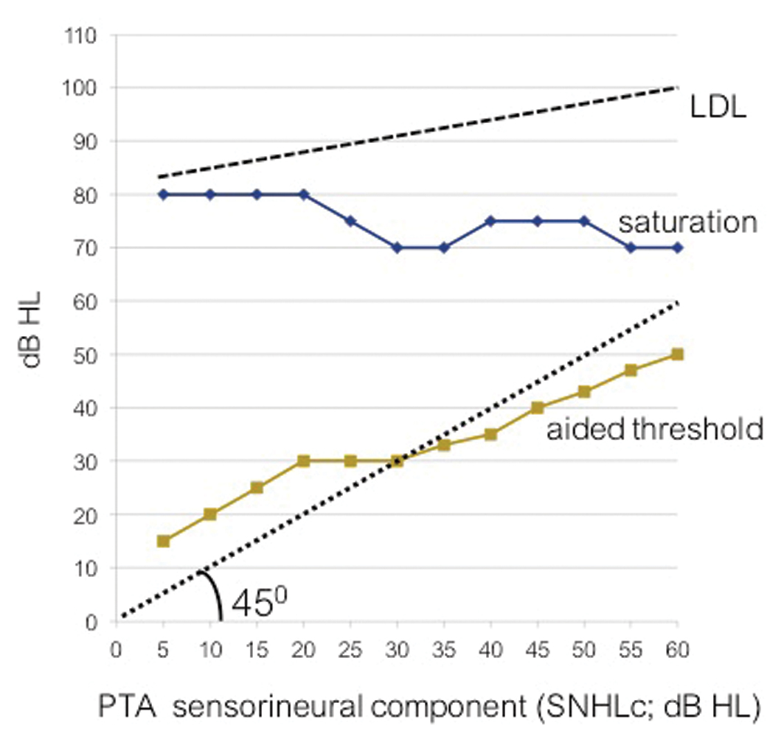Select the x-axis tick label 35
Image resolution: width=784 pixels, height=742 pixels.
click(444, 651)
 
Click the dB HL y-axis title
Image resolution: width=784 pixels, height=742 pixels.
click(32, 328)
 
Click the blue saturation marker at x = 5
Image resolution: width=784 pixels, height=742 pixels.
click(163, 195)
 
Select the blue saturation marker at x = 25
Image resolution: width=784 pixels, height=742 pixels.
click(350, 221)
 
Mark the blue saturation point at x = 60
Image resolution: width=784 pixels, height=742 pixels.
click(677, 248)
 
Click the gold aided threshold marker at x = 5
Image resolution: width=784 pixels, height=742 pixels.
click(163, 541)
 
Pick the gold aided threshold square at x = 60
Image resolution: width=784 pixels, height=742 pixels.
click(677, 354)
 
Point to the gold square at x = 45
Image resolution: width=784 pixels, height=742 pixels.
click(538, 407)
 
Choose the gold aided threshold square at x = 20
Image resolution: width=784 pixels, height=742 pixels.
click(303, 461)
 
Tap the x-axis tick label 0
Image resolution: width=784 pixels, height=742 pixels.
click(116, 651)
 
